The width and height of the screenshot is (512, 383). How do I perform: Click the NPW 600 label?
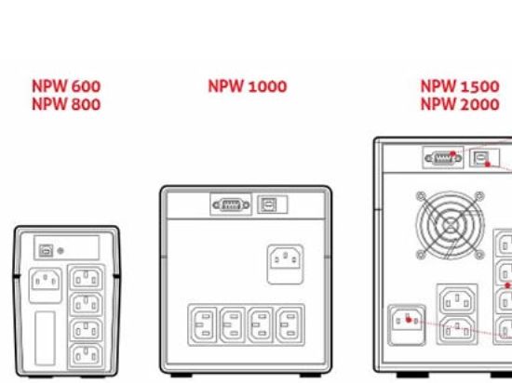click(x=66, y=86)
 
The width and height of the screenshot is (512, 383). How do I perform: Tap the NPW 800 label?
click(x=66, y=104)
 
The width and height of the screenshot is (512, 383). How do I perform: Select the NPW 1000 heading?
click(x=248, y=86)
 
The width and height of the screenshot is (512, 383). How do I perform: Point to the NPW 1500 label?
click(x=460, y=86)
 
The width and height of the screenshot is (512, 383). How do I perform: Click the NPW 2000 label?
click(x=460, y=104)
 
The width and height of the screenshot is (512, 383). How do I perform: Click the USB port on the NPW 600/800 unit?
click(x=46, y=251)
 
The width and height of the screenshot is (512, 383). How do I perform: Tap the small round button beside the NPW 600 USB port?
click(x=61, y=251)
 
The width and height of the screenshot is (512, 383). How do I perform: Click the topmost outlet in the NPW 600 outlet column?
click(x=87, y=278)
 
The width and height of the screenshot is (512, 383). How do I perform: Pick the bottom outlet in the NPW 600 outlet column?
click(x=87, y=355)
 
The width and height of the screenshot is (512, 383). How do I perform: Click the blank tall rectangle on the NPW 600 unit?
click(x=45, y=338)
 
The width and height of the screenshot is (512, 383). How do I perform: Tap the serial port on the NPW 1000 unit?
click(x=231, y=205)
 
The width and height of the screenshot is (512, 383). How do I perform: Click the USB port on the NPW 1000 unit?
click(x=269, y=205)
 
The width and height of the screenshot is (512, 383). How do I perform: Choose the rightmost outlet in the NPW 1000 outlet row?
click(x=290, y=324)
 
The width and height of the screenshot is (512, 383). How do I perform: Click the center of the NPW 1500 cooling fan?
click(x=451, y=225)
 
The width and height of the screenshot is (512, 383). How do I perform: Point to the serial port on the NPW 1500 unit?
click(x=443, y=158)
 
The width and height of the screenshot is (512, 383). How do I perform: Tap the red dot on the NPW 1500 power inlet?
click(x=408, y=320)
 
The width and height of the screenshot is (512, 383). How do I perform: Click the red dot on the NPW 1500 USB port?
click(x=488, y=165)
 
